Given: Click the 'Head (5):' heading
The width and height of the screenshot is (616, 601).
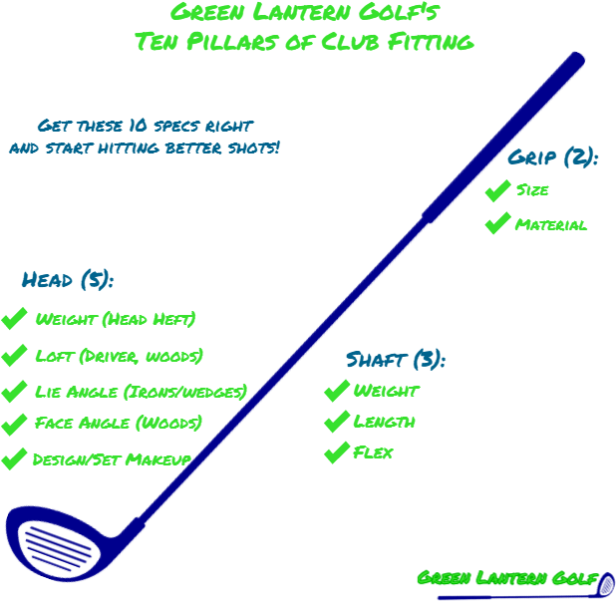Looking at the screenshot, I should pyautogui.click(x=68, y=280).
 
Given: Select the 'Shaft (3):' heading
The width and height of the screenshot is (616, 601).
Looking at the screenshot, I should pyautogui.click(x=395, y=360).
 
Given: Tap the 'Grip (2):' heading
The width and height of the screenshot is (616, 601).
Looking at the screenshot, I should pyautogui.click(x=552, y=157).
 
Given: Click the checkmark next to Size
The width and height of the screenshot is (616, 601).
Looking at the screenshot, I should pyautogui.click(x=496, y=190).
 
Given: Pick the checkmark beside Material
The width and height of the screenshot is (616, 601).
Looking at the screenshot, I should pyautogui.click(x=496, y=224).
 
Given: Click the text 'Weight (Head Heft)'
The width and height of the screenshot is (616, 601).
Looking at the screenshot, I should pyautogui.click(x=116, y=320).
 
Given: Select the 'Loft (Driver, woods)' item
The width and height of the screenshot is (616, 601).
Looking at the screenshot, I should pyautogui.click(x=119, y=356).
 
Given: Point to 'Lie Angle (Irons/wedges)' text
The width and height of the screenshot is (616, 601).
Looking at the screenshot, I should pyautogui.click(x=140, y=392).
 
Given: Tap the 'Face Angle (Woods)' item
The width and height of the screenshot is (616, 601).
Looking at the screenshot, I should pyautogui.click(x=118, y=423).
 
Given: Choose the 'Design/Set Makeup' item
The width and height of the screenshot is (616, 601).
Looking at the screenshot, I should pyautogui.click(x=112, y=459).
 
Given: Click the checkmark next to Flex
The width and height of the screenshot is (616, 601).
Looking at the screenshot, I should pyautogui.click(x=336, y=453).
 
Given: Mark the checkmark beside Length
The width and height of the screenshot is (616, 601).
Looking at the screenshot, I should pyautogui.click(x=336, y=422).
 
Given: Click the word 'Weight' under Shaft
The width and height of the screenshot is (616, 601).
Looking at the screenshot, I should pyautogui.click(x=386, y=391).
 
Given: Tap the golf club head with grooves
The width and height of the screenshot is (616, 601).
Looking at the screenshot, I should pyautogui.click(x=55, y=544).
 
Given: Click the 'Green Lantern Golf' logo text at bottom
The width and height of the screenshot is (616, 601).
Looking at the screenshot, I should pyautogui.click(x=507, y=579).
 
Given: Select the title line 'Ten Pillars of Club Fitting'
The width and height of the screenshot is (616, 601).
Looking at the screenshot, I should pyautogui.click(x=303, y=42).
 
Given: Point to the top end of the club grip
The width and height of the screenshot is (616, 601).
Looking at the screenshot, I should pyautogui.click(x=574, y=62).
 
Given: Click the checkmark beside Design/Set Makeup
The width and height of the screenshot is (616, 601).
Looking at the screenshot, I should pyautogui.click(x=14, y=459).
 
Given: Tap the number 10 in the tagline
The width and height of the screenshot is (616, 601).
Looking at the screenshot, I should pyautogui.click(x=139, y=127).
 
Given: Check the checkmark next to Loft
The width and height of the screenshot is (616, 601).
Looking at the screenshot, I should pyautogui.click(x=14, y=356).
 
